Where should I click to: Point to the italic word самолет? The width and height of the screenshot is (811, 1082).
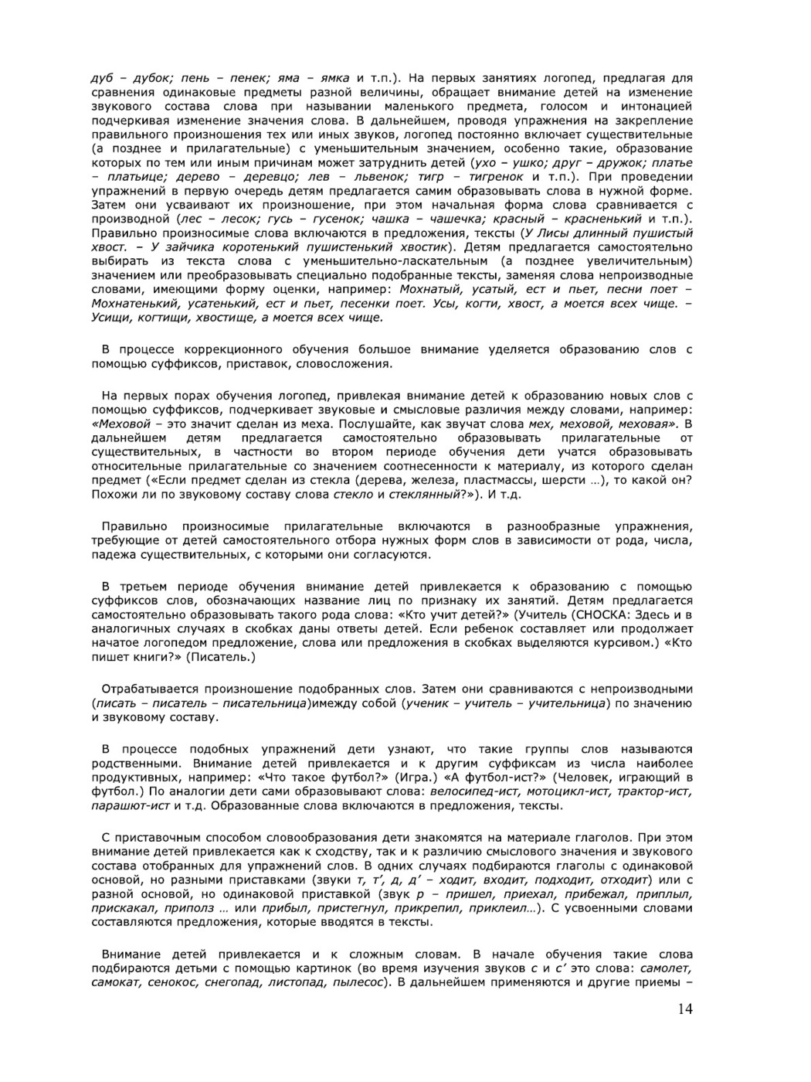pyautogui.click(x=667, y=968)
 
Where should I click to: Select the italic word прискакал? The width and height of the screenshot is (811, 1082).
pyautogui.click(x=123, y=908)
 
